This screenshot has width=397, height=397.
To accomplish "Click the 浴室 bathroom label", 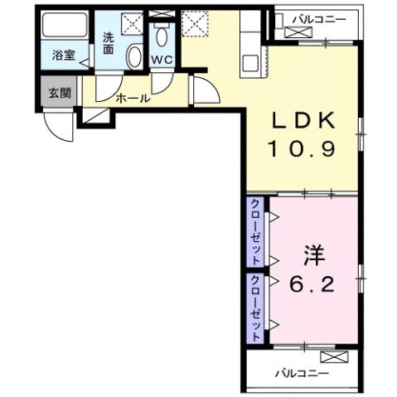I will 63,56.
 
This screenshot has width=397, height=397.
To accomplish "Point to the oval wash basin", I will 135,56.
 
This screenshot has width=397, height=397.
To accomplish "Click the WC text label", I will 161,59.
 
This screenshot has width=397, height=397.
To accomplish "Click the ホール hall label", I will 133,97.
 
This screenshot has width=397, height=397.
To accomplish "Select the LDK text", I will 304,122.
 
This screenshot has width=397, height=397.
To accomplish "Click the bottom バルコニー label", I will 297,372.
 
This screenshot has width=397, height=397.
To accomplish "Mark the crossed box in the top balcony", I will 296,32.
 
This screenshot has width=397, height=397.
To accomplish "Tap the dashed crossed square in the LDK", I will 196,21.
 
